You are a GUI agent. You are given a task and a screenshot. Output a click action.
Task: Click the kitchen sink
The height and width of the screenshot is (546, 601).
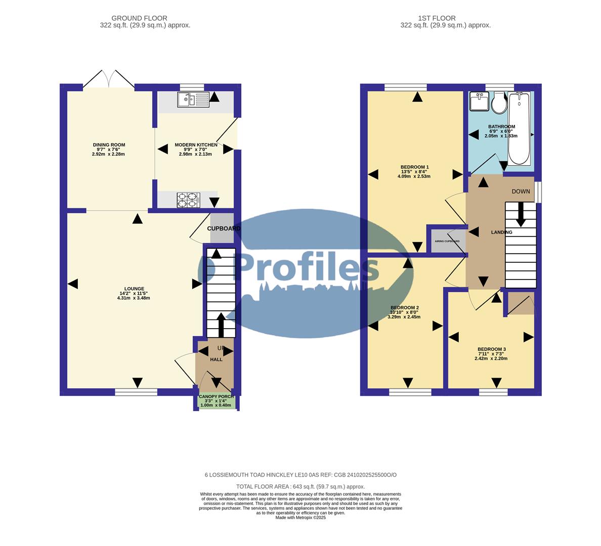pos(194,100)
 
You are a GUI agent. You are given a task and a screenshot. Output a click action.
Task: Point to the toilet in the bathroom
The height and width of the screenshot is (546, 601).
pos(499,103)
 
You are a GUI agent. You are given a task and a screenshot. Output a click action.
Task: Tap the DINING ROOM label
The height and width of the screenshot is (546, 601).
pos(106,145)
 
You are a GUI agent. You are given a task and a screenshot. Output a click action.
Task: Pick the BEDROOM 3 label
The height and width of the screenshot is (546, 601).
pos(491,349)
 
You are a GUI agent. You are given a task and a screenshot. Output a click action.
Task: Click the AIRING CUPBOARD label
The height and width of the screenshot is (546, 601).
pos(447,241)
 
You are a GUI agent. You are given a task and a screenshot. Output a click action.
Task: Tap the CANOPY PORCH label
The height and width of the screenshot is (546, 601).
pos(216,397)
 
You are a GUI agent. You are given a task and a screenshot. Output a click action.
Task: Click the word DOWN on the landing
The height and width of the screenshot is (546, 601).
pos(521,192)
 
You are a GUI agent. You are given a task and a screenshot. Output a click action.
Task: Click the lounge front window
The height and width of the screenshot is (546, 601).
pos(136,392)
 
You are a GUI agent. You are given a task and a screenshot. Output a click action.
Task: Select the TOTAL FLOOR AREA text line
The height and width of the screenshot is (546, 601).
pos(300,487)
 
